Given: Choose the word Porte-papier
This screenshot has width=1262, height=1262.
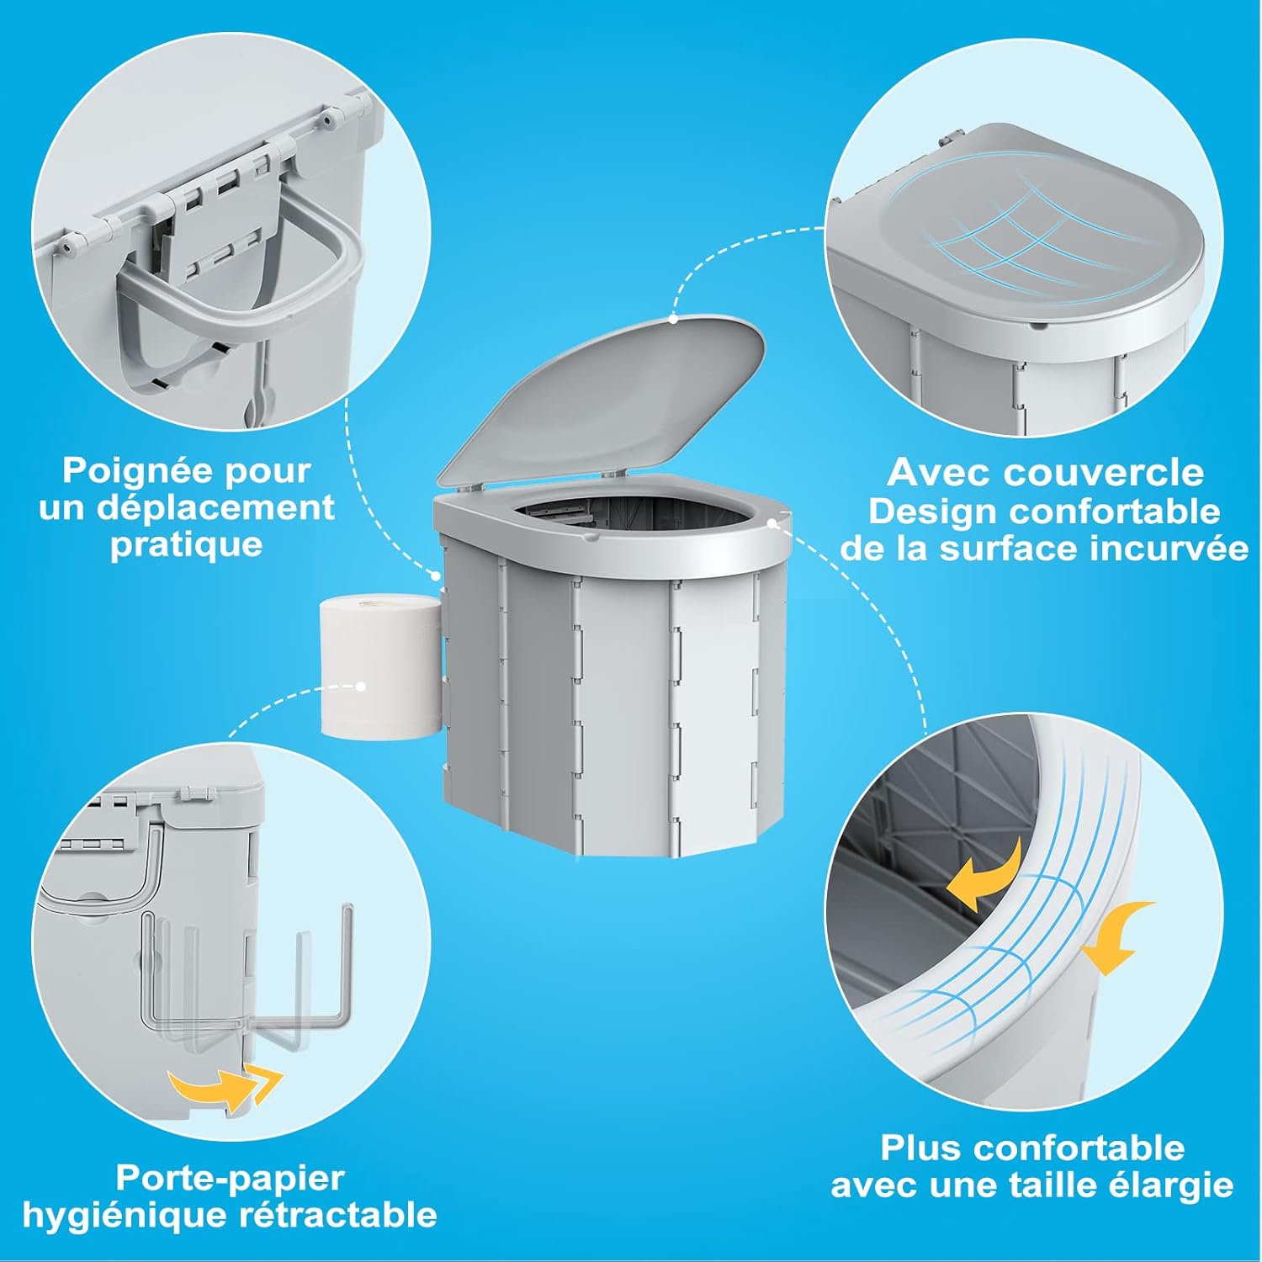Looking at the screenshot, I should [x=230, y=1178].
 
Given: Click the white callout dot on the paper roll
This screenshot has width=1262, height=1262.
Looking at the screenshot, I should [x=361, y=687].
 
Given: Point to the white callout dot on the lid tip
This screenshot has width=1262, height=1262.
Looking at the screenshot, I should [x=673, y=319].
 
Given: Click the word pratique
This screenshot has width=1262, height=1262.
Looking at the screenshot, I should [x=186, y=544].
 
